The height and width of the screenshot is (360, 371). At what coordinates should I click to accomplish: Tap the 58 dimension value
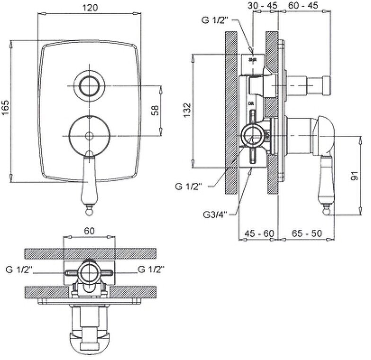coord(155,110)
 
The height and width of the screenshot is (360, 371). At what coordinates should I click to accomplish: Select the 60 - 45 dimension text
coord(304,5)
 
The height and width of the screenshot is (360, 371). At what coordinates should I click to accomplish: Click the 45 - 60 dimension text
coord(259,234)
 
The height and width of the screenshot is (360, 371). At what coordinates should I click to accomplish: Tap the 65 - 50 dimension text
coord(304,234)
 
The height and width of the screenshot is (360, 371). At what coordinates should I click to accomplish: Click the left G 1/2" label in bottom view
coord(19,270)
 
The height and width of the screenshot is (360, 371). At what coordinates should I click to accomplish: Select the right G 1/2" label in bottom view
coord(151,270)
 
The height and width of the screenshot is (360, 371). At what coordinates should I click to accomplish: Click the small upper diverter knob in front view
coord(89,86)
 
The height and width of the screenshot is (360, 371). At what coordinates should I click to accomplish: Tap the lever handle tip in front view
coord(89,207)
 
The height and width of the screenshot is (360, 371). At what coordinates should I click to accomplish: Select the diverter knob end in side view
coord(326,86)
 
